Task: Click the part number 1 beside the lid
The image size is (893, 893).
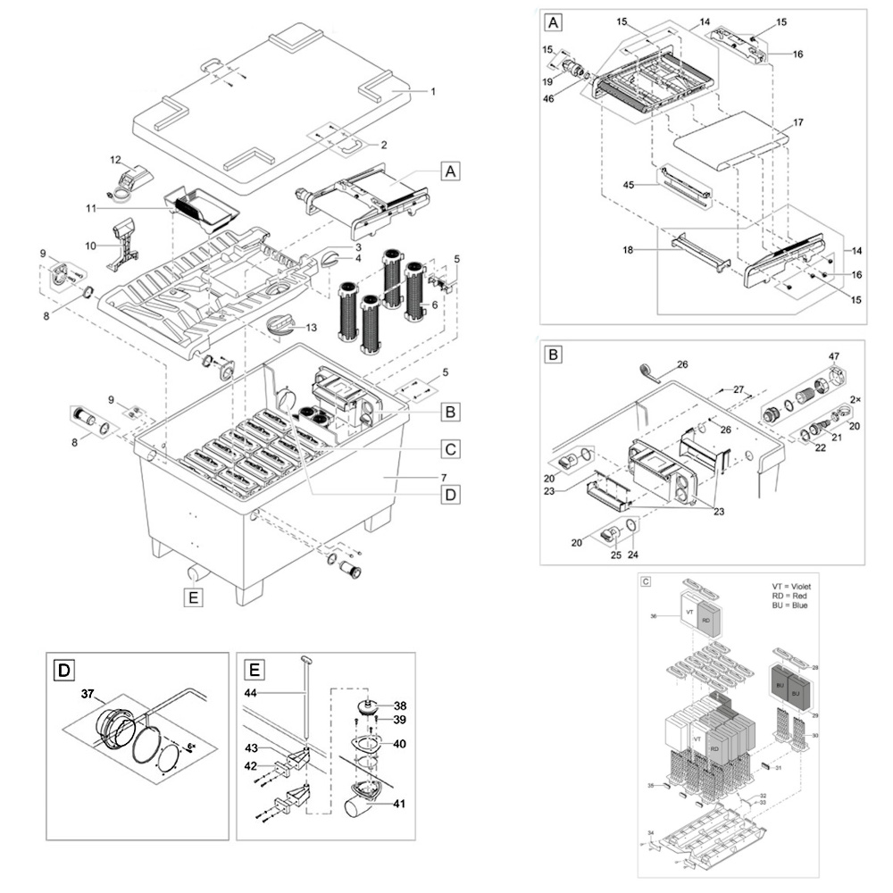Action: click(433, 91)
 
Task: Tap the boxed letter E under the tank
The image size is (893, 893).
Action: click(192, 597)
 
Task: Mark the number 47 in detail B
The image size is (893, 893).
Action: click(834, 357)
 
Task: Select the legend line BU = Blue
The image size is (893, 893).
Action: click(790, 606)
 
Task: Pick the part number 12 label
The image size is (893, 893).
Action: click(115, 160)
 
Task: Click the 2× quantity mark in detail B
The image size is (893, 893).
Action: click(855, 399)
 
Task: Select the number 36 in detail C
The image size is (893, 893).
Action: click(654, 616)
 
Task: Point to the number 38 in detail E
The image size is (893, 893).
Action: click(400, 705)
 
